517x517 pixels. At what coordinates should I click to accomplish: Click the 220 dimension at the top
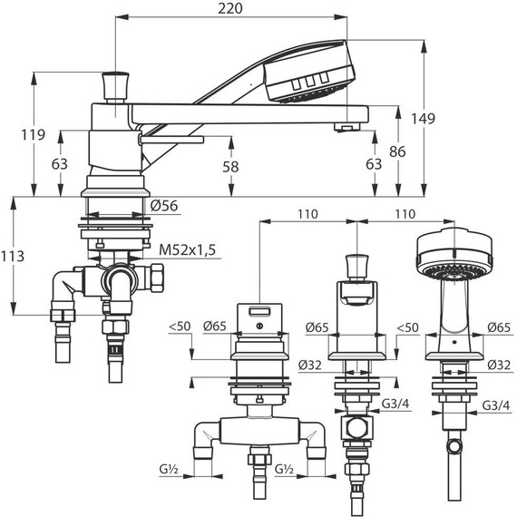coord(230,8)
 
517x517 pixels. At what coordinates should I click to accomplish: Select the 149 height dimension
coord(423,119)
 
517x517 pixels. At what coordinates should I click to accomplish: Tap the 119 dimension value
coord(34,134)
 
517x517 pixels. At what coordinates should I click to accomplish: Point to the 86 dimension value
coord(397,151)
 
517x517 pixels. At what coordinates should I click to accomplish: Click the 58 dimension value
coord(230,167)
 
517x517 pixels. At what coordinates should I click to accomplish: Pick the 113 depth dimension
coord(13,256)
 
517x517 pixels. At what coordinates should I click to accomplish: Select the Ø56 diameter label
coord(164,206)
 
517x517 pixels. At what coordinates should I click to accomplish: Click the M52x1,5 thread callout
coord(187,250)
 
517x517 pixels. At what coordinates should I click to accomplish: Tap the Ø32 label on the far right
coord(499,365)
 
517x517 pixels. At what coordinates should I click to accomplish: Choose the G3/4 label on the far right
coord(496,405)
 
